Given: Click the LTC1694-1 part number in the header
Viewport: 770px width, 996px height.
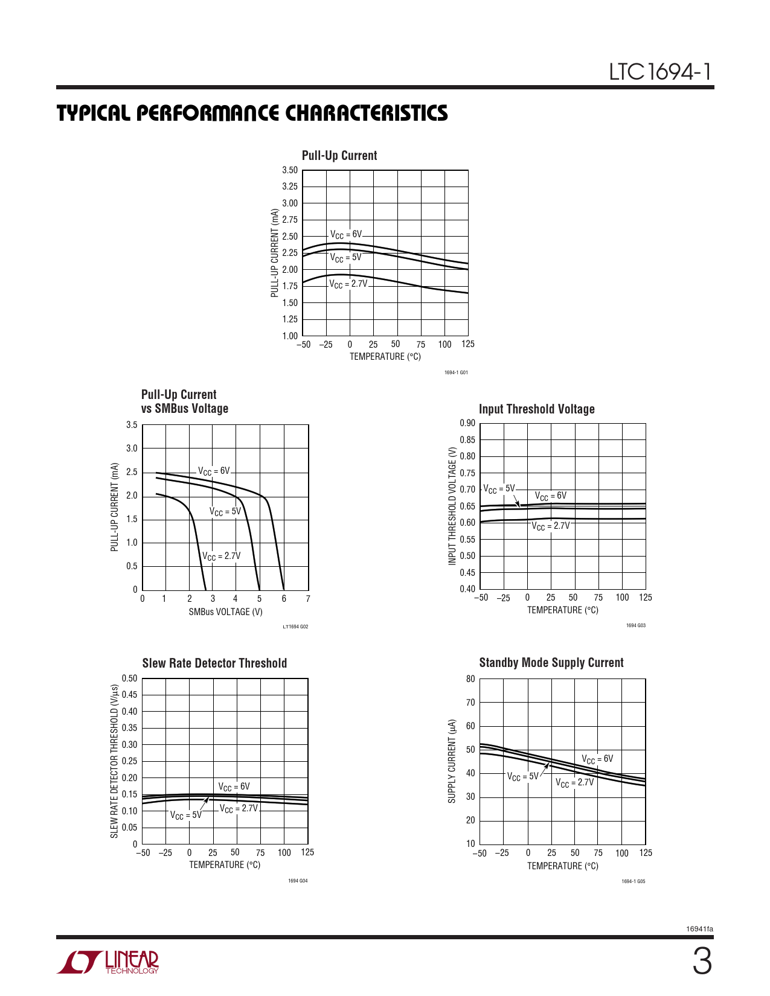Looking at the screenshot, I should coord(660,72).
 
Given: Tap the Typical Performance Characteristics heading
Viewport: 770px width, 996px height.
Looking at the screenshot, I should coord(252,113).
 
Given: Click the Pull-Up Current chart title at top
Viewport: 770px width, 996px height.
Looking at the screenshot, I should coord(339,156).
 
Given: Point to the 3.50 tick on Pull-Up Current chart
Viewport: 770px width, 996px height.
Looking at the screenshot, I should coord(290,170).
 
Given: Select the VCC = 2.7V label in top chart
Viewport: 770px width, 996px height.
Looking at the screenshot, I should coord(348,284).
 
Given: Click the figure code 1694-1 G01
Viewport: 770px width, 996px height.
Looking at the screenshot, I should coord(456,372).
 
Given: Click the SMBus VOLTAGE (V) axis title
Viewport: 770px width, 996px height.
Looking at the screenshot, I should coord(225,612).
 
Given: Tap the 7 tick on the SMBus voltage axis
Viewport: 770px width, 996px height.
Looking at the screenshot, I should coord(308,599).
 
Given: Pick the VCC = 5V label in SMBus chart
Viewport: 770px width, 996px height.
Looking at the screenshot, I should coord(225,512).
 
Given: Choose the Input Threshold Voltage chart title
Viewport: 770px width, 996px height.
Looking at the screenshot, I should coord(536,409).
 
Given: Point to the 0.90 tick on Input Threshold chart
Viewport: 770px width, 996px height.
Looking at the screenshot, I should coord(467,423).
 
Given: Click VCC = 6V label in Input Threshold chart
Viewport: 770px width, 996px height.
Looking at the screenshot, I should coord(551,496).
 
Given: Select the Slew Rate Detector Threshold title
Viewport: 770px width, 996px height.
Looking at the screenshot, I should coord(214,663).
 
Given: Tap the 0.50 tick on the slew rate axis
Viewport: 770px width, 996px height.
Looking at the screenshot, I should coord(130,678).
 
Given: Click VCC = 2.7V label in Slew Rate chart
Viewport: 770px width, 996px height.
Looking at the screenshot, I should coord(239,809).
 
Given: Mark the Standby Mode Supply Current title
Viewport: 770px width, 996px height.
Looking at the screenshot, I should coord(551,663).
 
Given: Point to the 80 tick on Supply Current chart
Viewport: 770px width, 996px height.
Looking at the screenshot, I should coord(470,679).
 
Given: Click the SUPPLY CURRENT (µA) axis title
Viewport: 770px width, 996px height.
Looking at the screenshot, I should coord(452,761).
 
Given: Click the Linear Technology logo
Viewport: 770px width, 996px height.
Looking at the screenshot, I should coord(109,962).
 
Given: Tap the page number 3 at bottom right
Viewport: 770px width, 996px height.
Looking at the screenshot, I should coord(702,962).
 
